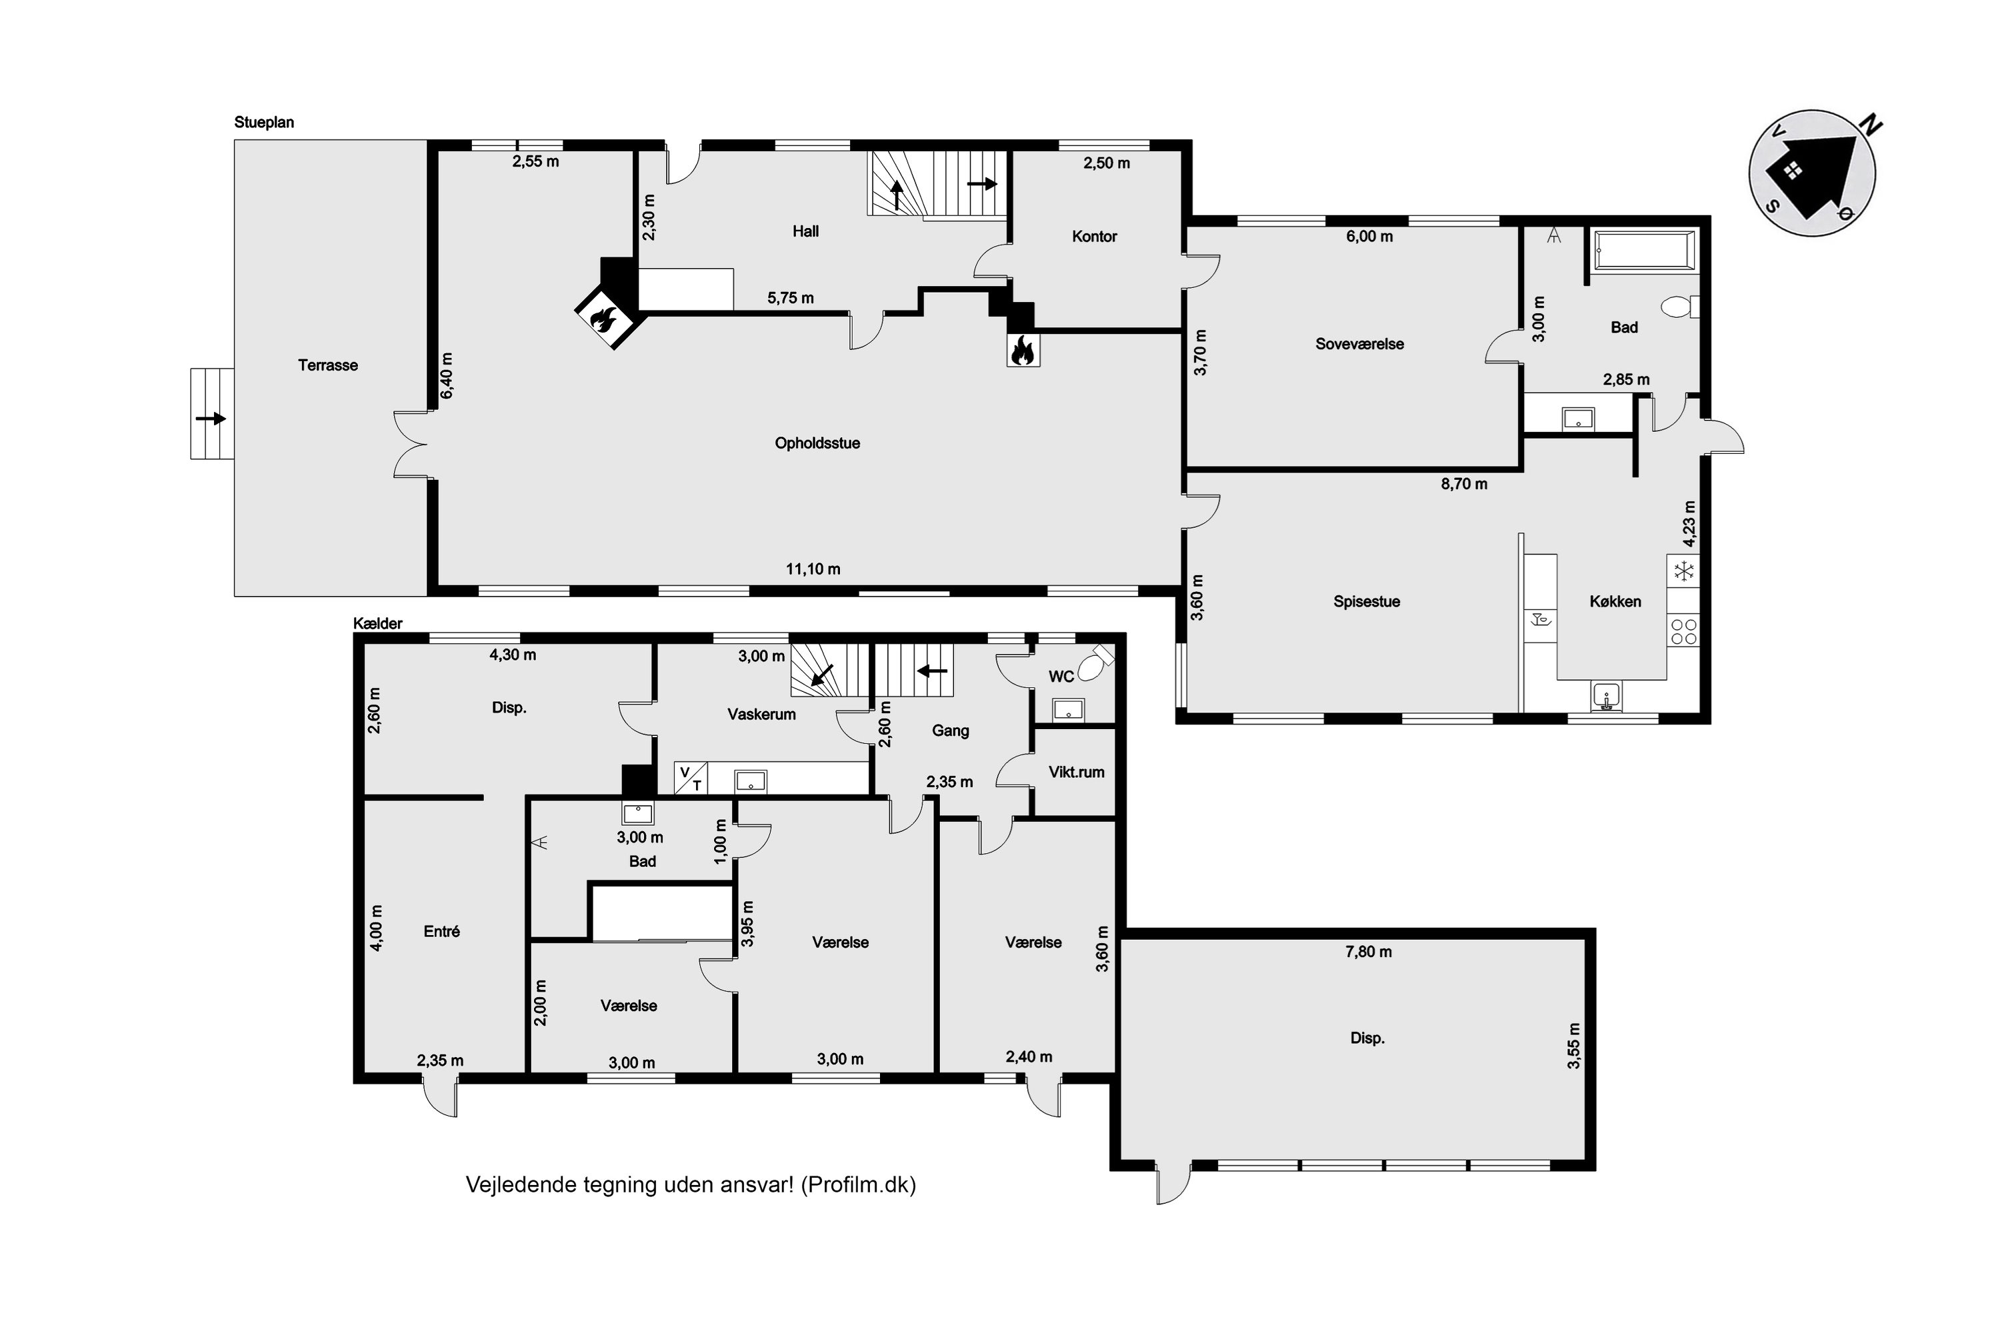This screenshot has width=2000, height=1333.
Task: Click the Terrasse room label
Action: click(x=327, y=365)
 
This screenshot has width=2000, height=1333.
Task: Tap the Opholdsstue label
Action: click(x=817, y=443)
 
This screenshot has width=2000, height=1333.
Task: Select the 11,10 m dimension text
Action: click(x=813, y=569)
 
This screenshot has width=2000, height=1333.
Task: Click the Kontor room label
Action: click(x=1095, y=237)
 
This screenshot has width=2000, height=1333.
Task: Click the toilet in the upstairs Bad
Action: click(x=1679, y=307)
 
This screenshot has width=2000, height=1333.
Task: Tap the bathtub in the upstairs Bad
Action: click(x=1645, y=253)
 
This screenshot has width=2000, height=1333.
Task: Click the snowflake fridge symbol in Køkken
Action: click(x=1684, y=571)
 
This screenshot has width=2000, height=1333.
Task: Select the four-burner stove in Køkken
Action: click(x=1684, y=632)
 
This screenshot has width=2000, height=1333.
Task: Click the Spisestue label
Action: click(x=1367, y=602)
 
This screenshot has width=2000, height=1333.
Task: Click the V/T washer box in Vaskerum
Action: click(x=691, y=778)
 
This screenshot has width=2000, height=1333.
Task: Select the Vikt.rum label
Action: click(x=1077, y=772)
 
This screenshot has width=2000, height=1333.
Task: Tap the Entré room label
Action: click(x=441, y=932)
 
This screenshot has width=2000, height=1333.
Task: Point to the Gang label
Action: click(x=951, y=730)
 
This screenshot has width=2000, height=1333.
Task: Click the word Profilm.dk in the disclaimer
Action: click(x=858, y=1184)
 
